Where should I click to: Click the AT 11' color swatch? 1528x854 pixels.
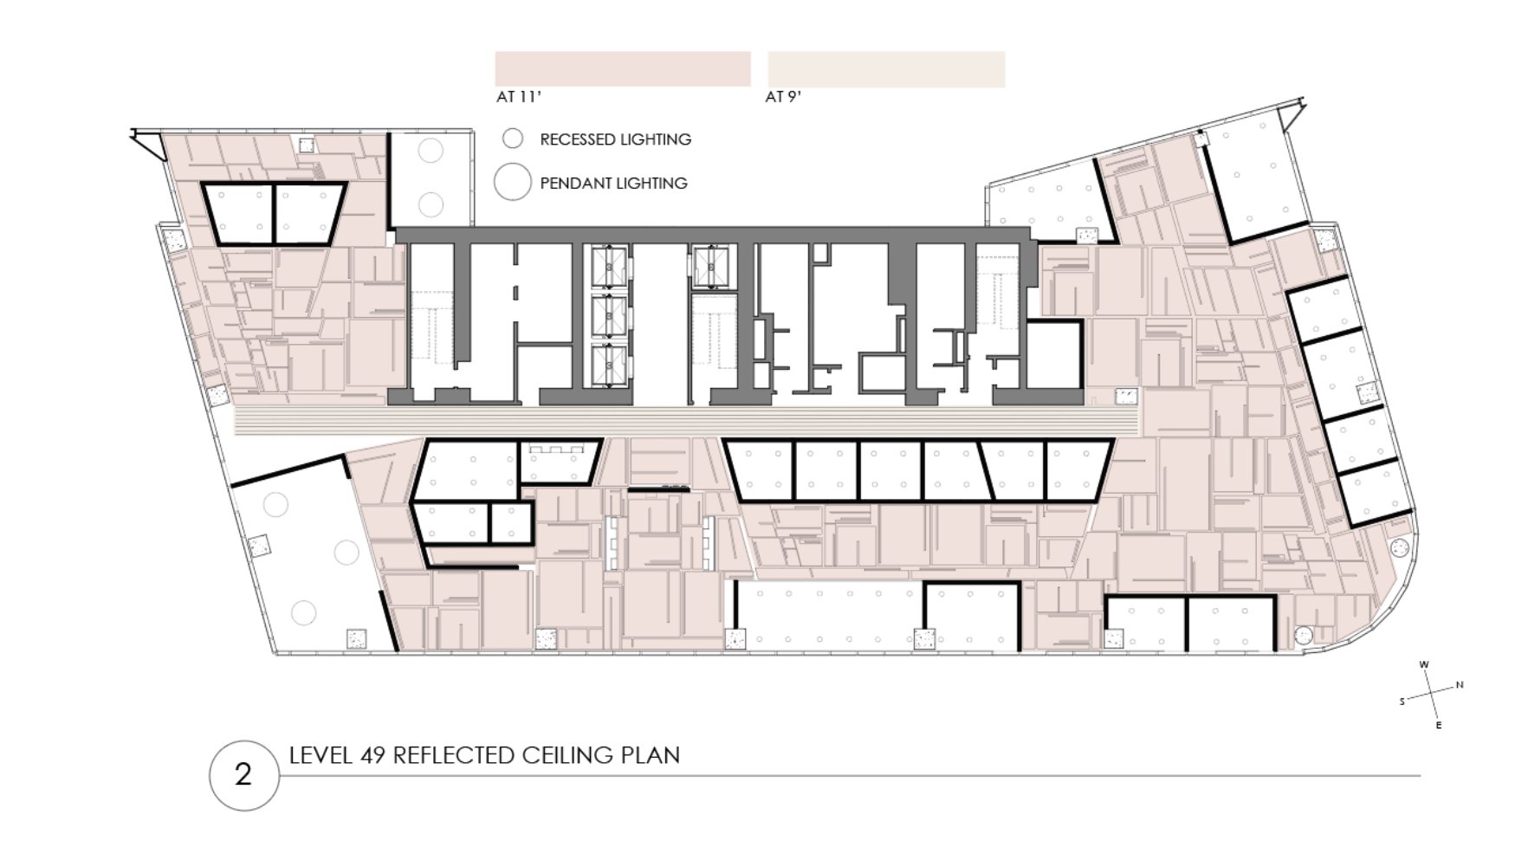click(622, 68)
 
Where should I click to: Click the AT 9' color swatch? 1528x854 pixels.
click(885, 69)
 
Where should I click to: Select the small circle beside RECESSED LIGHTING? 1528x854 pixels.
click(513, 139)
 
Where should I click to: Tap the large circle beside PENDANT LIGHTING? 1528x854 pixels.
click(512, 183)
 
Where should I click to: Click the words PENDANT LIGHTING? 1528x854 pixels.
click(613, 184)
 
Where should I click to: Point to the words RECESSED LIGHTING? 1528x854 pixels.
click(615, 139)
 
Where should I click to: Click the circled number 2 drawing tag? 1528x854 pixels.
click(243, 774)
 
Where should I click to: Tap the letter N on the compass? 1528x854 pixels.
click(1460, 685)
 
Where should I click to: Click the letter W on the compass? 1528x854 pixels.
click(1424, 665)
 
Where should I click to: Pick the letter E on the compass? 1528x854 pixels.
click(1439, 725)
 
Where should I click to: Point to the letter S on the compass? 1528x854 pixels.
click(1402, 702)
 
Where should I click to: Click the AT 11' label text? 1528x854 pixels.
click(518, 97)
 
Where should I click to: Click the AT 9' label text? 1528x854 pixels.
click(782, 97)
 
